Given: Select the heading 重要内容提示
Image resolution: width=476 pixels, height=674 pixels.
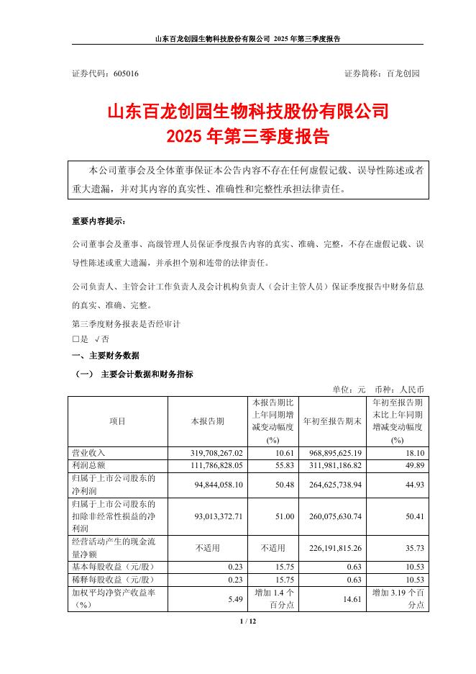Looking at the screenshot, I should [x=98, y=220].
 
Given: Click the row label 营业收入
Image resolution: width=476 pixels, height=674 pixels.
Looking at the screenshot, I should [x=89, y=453].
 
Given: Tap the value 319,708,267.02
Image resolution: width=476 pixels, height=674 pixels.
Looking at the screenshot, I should [x=215, y=453].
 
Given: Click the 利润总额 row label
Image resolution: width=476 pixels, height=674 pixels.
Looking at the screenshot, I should [x=89, y=465].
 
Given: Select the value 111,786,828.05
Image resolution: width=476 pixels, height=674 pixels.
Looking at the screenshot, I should [x=215, y=465].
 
